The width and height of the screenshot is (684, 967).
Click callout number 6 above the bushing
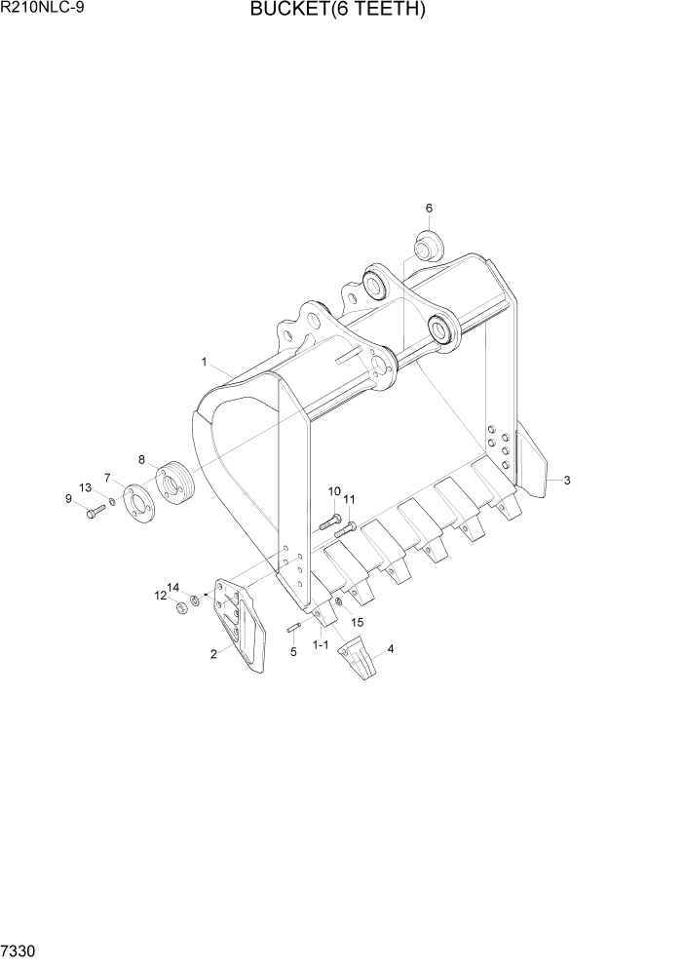[x=429, y=208]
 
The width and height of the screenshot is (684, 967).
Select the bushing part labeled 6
[x=427, y=246]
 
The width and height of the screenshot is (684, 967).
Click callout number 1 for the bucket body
[x=205, y=362]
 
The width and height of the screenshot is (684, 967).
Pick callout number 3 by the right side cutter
[x=567, y=480]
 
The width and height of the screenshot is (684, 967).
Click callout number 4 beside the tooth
[x=391, y=648]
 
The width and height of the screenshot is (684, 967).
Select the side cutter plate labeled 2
[x=238, y=624]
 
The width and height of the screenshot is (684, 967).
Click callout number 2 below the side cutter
[x=213, y=654]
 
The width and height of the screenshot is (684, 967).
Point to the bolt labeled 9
[x=96, y=512]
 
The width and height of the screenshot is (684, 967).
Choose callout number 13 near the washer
[x=85, y=487]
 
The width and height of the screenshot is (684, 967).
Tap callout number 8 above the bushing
[x=141, y=459]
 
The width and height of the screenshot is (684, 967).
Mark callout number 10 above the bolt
[x=334, y=491]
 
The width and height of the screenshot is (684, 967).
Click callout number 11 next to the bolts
[x=350, y=501]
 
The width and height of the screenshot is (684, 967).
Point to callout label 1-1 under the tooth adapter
[x=320, y=645]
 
